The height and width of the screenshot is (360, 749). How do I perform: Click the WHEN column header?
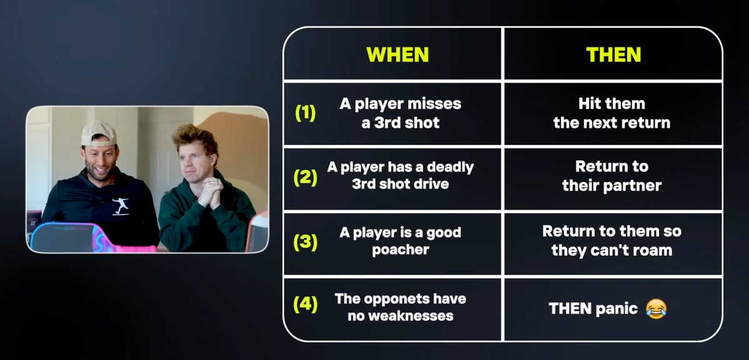[x=398, y=55]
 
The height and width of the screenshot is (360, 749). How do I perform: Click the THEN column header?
[x=613, y=55]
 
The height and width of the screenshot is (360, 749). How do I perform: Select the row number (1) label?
[x=305, y=112]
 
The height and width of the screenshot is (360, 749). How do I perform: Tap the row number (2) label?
[x=305, y=177]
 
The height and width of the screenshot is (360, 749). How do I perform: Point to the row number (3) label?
[x=305, y=242]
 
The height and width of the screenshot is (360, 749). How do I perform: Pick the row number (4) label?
[x=305, y=304]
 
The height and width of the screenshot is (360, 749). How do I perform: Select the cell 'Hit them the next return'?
[x=612, y=113]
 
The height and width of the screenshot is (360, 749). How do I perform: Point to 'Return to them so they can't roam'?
[x=612, y=241]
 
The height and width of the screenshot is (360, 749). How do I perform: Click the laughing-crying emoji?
[x=656, y=308]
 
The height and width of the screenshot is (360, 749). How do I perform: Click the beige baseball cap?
[x=98, y=132]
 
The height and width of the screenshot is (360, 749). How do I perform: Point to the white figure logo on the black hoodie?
[x=121, y=206]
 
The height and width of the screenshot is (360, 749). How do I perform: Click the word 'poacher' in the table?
[x=400, y=250]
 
